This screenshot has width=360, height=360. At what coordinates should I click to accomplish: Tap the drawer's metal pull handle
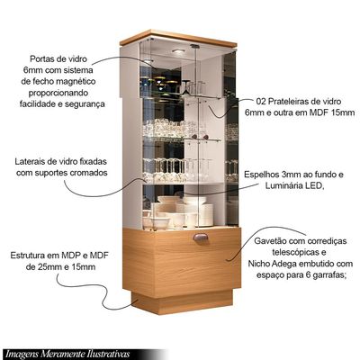[x=201, y=238]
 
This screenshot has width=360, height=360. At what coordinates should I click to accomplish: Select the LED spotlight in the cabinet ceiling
[x=178, y=51]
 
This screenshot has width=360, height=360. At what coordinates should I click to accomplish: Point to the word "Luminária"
[x=284, y=185]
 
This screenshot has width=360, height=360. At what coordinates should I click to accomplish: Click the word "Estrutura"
[x=28, y=256]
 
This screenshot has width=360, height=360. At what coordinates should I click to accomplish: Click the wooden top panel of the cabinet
[x=178, y=39]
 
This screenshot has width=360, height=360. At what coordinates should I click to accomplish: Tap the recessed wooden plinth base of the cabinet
[x=182, y=301]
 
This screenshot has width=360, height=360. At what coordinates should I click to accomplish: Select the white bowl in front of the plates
[x=160, y=222]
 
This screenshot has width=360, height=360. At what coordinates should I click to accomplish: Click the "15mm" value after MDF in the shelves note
[x=344, y=112]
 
